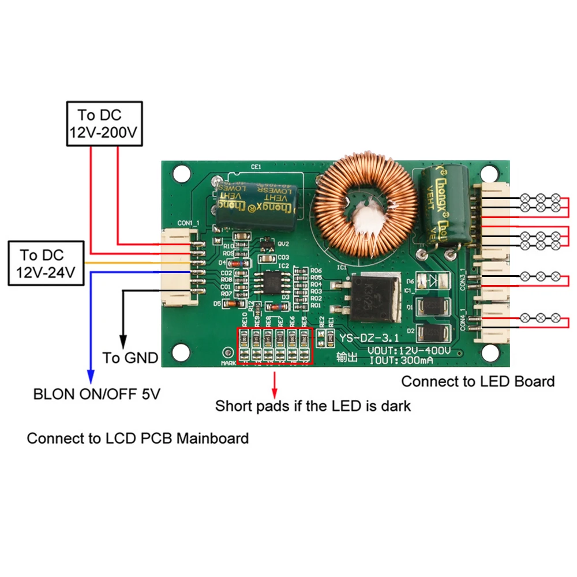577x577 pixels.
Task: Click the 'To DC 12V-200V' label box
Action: pos(104,124)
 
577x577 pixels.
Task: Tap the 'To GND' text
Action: pos(130,358)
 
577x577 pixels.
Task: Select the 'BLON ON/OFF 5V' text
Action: pos(97,395)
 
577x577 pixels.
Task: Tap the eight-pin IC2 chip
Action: pos(270,283)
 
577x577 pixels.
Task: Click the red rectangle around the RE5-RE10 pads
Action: pos(275,346)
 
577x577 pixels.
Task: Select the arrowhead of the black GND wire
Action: pos(122,342)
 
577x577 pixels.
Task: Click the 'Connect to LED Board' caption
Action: pos(478,381)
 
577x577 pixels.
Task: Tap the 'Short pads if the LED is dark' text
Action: pos(313,406)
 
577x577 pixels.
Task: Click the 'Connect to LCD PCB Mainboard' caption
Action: pos(137,438)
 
